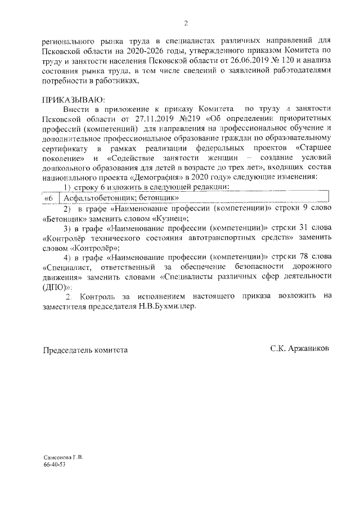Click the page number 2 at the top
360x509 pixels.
[x=186, y=24]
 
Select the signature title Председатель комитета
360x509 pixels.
[x=85, y=350]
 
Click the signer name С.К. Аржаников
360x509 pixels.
[x=299, y=349]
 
